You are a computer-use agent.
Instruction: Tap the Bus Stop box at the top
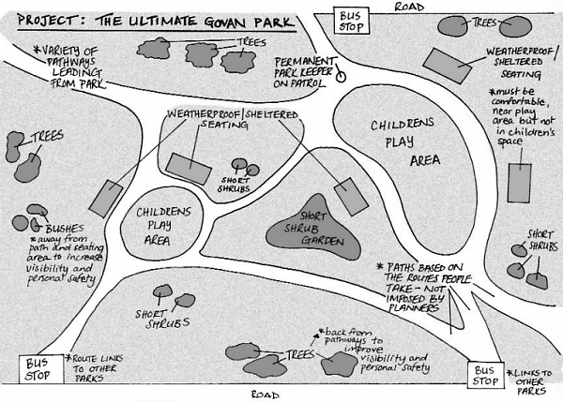point(352,19)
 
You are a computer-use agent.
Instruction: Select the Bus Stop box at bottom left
point(38,368)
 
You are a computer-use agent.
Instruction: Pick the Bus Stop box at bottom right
point(486,376)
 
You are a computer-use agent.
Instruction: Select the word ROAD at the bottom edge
point(266,395)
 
